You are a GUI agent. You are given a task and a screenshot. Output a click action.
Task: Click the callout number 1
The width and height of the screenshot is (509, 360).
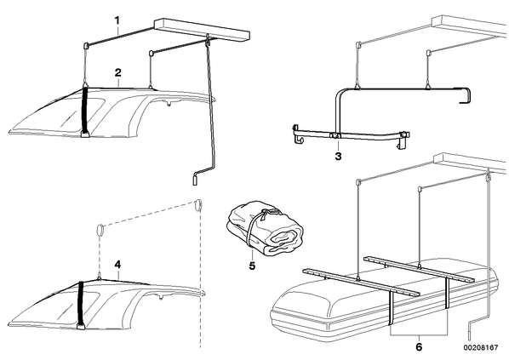[117, 21]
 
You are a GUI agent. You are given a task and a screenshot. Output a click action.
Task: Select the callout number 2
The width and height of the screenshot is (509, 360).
[117, 72]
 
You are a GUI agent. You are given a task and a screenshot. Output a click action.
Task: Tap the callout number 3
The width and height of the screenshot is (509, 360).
[338, 157]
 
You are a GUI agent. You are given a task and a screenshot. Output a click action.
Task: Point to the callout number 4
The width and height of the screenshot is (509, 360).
[117, 265]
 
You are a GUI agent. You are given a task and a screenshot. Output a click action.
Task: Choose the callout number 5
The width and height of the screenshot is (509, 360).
[252, 266]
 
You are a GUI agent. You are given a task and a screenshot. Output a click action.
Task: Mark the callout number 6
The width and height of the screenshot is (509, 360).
[419, 347]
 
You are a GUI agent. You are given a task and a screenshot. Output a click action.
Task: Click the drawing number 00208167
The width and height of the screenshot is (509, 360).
[480, 348]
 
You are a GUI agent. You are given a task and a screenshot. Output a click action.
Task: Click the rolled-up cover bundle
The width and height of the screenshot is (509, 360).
[266, 228]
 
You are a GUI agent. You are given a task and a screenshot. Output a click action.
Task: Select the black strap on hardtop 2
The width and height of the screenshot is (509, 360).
[86, 112]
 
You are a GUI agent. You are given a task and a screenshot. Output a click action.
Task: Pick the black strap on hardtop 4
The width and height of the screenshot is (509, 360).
[81, 306]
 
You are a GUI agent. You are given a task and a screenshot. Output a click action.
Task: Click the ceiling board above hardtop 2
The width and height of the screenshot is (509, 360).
[202, 30]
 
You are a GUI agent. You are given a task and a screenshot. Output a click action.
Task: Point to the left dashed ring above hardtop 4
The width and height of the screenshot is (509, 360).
[100, 231]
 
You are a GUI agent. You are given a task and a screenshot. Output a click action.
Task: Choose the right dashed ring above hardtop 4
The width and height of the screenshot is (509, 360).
[198, 206]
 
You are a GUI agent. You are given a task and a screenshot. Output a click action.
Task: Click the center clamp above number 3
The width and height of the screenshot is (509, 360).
[335, 135]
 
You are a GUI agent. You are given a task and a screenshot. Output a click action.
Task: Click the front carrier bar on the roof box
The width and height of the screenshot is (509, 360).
[361, 282]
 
